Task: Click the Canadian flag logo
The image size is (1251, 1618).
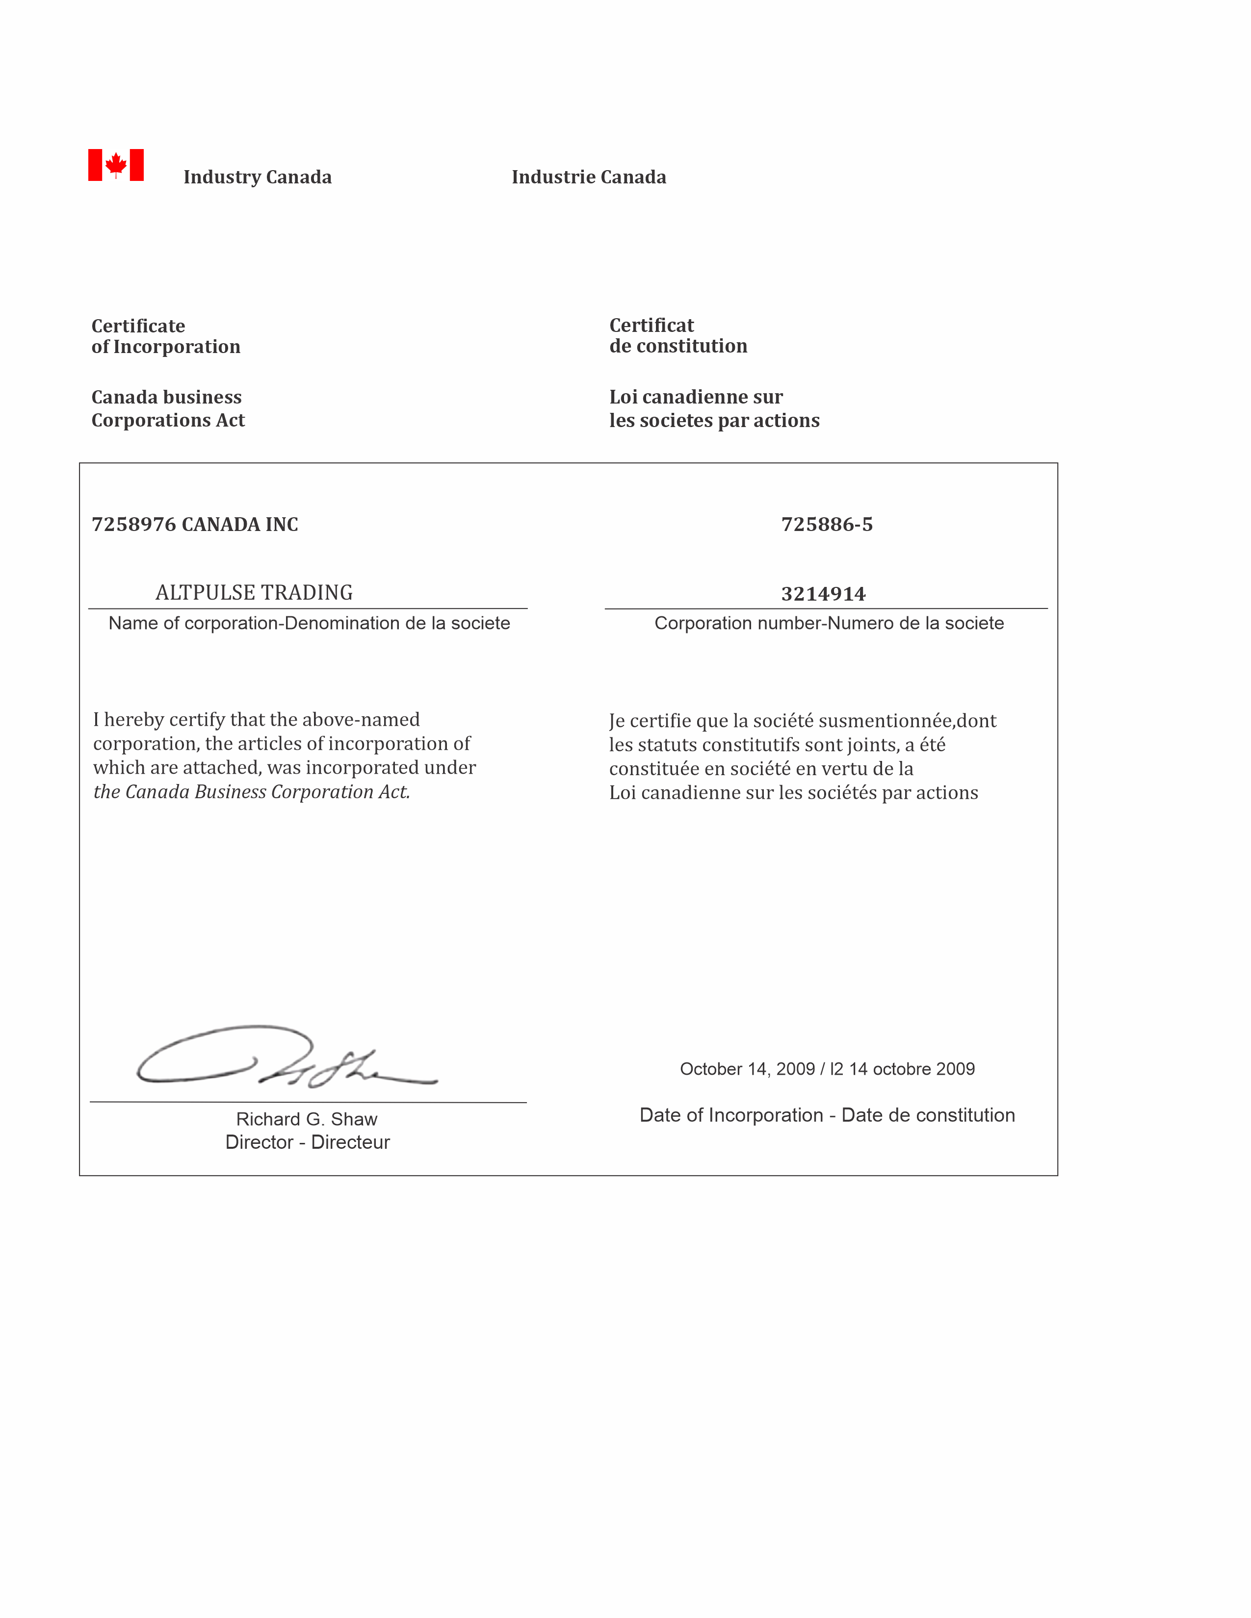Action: click(116, 164)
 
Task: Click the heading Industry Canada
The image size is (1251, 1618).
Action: click(257, 177)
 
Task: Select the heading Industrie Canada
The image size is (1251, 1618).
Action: click(588, 177)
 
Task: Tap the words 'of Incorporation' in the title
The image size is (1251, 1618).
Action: click(166, 347)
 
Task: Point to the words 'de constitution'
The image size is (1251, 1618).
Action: click(678, 346)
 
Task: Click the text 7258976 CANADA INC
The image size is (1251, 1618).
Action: click(195, 525)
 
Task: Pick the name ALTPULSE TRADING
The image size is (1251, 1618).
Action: click(254, 593)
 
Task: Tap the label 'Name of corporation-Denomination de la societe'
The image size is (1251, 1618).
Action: click(309, 623)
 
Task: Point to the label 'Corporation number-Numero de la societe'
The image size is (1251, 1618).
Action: click(829, 623)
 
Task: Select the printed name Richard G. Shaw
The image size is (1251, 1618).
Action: click(307, 1119)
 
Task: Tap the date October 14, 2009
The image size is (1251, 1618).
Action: click(747, 1069)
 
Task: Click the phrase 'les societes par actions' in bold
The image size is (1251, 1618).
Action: click(714, 420)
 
